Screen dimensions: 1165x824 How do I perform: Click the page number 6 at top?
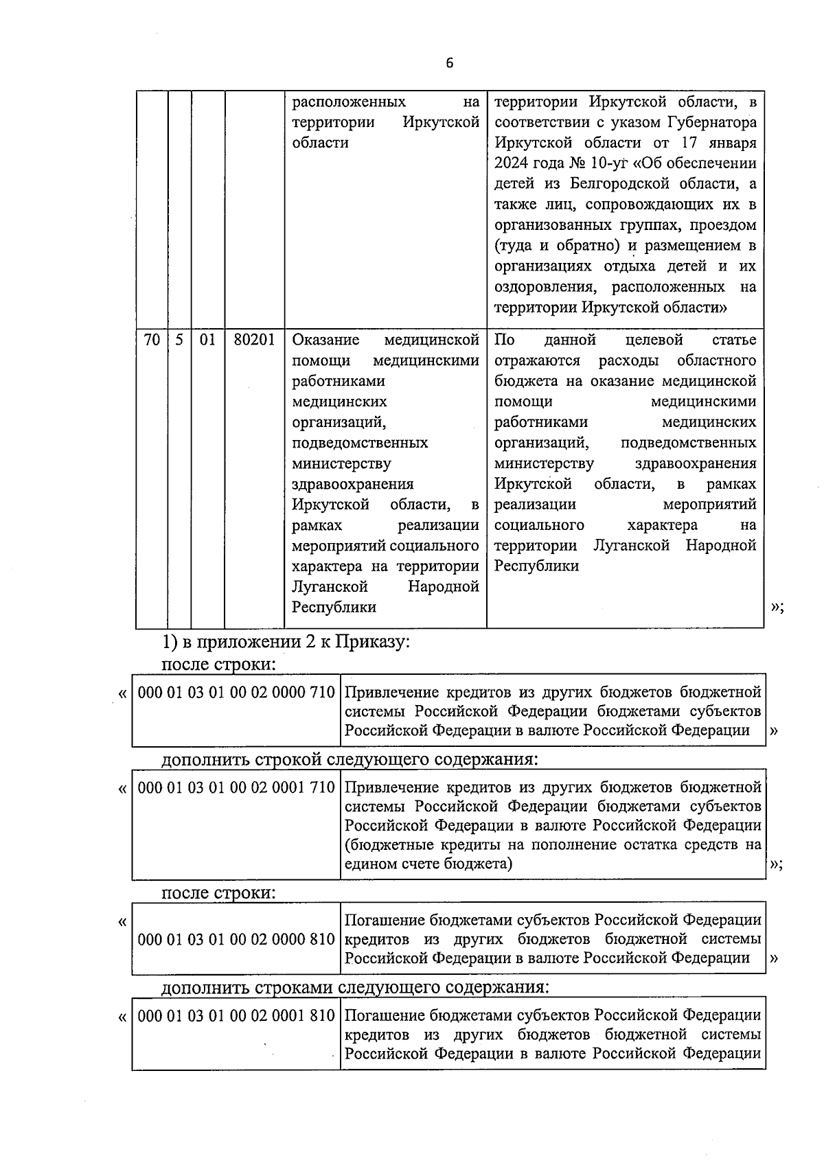450,63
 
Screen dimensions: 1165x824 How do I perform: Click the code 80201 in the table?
254,340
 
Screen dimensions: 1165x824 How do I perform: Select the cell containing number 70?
152,340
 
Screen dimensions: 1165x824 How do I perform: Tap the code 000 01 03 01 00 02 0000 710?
236,693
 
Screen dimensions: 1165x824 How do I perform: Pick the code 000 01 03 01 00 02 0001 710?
236,787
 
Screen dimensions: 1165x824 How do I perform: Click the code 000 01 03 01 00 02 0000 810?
236,939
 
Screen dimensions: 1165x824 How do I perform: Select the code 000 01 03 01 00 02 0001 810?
236,1015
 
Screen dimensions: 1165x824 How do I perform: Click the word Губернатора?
712,123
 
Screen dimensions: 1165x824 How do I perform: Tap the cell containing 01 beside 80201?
207,340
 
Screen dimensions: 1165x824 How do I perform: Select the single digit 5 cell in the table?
179,340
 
